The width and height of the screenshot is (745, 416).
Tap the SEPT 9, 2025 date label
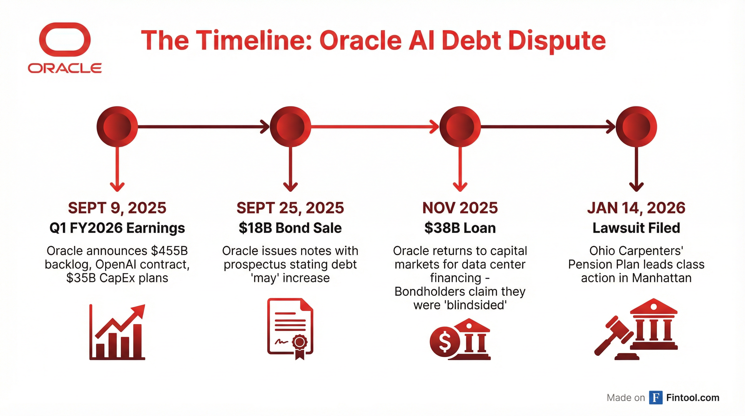click(x=117, y=208)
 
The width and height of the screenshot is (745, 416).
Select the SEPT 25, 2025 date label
click(x=290, y=208)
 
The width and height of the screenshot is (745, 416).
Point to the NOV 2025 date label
click(x=460, y=208)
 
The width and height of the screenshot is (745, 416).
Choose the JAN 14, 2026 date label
click(x=636, y=208)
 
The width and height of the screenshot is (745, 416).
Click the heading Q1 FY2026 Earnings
click(x=117, y=228)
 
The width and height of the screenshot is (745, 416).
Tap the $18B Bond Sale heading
click(x=290, y=228)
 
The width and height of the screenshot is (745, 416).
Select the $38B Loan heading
click(x=460, y=228)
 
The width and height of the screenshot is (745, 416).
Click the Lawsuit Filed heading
click(x=636, y=228)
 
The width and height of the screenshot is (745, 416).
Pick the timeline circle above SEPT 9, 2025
click(x=117, y=127)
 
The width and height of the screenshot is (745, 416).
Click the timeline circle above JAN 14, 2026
click(x=636, y=127)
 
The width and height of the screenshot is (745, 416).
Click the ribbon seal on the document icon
click(x=300, y=346)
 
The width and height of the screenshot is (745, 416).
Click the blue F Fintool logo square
click(x=656, y=398)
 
